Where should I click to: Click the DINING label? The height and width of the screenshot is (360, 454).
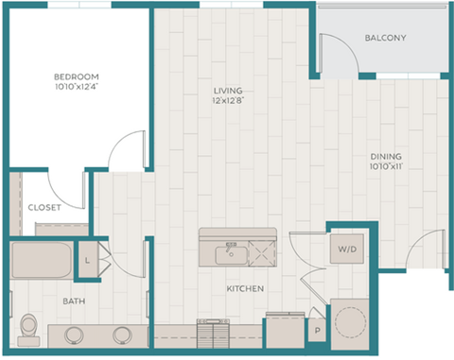click(386, 157)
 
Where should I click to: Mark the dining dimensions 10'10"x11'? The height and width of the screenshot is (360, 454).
click(386, 167)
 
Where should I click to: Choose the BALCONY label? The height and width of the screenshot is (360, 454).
click(386, 39)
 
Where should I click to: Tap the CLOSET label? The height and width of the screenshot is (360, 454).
click(44, 207)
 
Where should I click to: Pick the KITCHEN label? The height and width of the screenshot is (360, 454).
click(244, 288)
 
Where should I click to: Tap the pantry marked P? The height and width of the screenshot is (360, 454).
click(317, 332)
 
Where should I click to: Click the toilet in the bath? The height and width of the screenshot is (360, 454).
click(28, 326)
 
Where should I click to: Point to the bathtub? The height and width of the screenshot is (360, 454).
click(43, 260)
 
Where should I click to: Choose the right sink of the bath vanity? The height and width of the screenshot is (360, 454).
click(121, 334)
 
